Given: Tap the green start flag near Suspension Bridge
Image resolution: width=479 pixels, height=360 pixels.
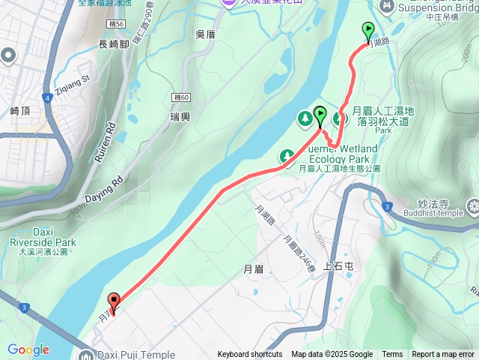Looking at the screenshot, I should point(368,31).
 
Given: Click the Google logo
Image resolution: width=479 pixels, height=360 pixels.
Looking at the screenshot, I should point(28,349).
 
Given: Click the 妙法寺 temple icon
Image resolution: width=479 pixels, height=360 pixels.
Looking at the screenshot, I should point(473,204).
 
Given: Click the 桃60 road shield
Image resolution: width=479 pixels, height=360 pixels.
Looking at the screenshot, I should point(180,98).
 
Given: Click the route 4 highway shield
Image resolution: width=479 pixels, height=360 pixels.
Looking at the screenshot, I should point(47,97).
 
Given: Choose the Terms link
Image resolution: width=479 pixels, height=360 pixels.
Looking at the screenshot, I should point(392,355).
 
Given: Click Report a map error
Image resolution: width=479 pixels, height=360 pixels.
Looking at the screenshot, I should point(443,355).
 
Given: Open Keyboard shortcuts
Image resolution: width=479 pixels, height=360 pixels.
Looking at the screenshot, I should point(250,355).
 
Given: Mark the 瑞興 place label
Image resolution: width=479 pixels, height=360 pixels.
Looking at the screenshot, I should point(180,118).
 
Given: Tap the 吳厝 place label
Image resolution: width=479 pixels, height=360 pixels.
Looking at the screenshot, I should point(205,34).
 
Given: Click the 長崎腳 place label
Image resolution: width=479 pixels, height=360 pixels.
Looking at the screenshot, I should point(114,45).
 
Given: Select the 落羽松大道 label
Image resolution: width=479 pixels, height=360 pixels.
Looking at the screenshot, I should point(384,121).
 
